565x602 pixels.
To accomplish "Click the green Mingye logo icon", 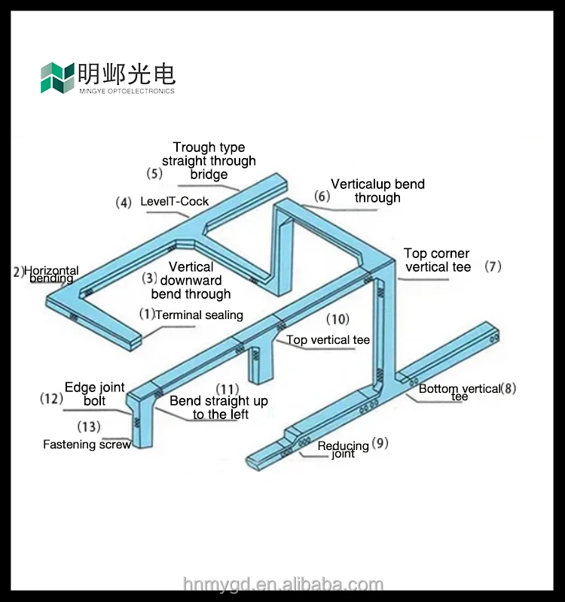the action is click(x=57, y=78).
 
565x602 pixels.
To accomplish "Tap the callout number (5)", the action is click(x=154, y=173).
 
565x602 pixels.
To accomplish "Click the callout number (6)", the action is click(x=322, y=196).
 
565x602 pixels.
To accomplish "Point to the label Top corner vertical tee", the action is click(x=437, y=260).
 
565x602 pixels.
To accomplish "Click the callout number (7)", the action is click(x=493, y=266).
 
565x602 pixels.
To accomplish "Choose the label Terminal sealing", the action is click(x=199, y=315).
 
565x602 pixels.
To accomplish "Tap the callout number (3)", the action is click(x=150, y=278).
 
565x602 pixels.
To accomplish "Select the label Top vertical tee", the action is click(x=328, y=340).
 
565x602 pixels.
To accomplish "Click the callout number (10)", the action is click(x=337, y=319).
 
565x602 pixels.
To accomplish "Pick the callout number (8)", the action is click(x=508, y=388).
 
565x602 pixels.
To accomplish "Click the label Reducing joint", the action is click(x=343, y=449).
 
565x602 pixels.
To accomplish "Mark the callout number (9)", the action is click(x=380, y=443).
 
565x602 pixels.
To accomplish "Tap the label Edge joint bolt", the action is click(x=95, y=394).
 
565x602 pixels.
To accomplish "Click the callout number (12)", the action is click(x=51, y=398).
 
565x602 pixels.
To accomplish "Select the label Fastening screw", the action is click(x=87, y=445).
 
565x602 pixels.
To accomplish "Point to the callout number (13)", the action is click(x=88, y=427).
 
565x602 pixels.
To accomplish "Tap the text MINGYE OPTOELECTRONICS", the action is click(x=127, y=91).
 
